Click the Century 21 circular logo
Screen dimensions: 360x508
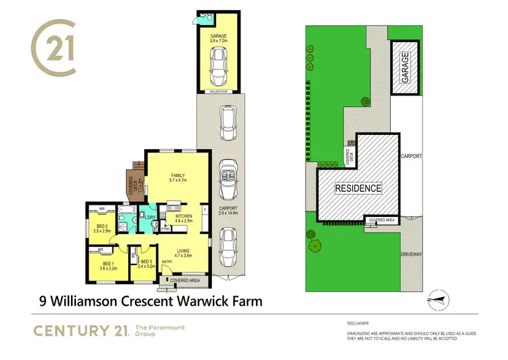click(54, 49)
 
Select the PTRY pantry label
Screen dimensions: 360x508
click(165, 229)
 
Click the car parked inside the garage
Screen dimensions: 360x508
click(219, 65)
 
